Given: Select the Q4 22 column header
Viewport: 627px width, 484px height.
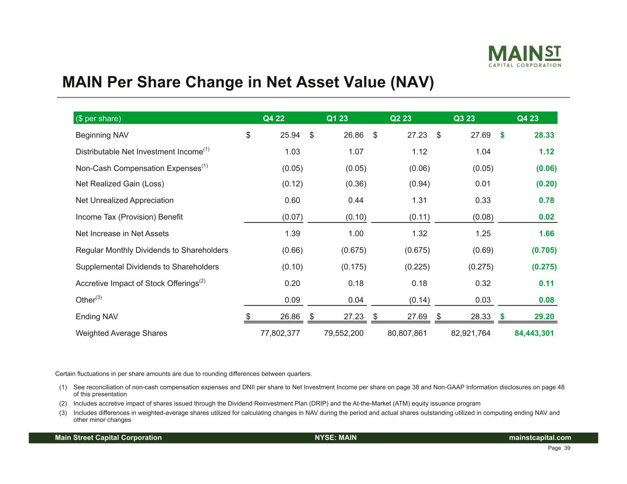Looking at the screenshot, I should [273, 118].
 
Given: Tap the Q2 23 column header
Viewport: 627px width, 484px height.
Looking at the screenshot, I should [401, 118].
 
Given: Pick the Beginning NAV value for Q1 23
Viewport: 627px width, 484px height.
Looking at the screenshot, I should [354, 135].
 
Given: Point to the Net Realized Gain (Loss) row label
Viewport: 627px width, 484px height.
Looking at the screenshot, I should [120, 184].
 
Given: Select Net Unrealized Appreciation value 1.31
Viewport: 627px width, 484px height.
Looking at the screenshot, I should [419, 200].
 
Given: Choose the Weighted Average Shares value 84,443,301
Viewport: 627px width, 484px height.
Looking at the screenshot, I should [534, 334].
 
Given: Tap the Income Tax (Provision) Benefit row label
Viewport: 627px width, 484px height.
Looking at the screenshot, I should [129, 217].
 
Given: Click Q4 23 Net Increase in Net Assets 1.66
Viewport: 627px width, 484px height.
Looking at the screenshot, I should [546, 234].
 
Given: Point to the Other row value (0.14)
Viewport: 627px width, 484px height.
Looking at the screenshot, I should [419, 300].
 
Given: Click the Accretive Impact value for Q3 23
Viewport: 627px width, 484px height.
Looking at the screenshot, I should [483, 284].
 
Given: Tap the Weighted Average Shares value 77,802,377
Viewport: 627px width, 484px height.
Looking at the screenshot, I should [280, 334].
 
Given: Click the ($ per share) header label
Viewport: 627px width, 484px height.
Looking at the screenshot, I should [98, 118].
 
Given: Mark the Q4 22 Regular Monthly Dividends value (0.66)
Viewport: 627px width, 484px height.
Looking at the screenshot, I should [292, 250].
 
